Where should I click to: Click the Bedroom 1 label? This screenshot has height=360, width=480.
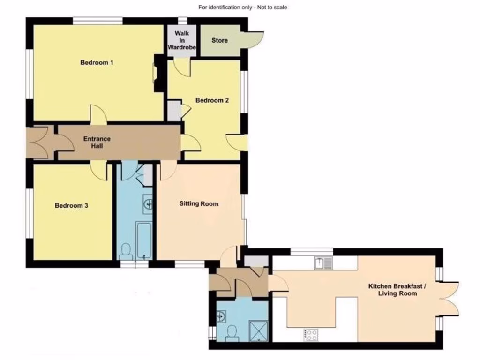97,63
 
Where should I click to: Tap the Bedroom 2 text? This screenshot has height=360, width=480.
212,100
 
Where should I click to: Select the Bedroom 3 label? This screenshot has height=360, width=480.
72,205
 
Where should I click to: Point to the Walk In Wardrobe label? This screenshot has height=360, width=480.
182,41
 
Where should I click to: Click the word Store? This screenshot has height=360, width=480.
219,41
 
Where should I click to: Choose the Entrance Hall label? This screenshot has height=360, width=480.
97,142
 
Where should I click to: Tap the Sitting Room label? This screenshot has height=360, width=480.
199,204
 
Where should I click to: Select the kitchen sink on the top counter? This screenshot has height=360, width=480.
323,263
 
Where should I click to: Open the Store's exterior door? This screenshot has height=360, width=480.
254,38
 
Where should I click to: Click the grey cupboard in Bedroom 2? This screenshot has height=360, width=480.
174,111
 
